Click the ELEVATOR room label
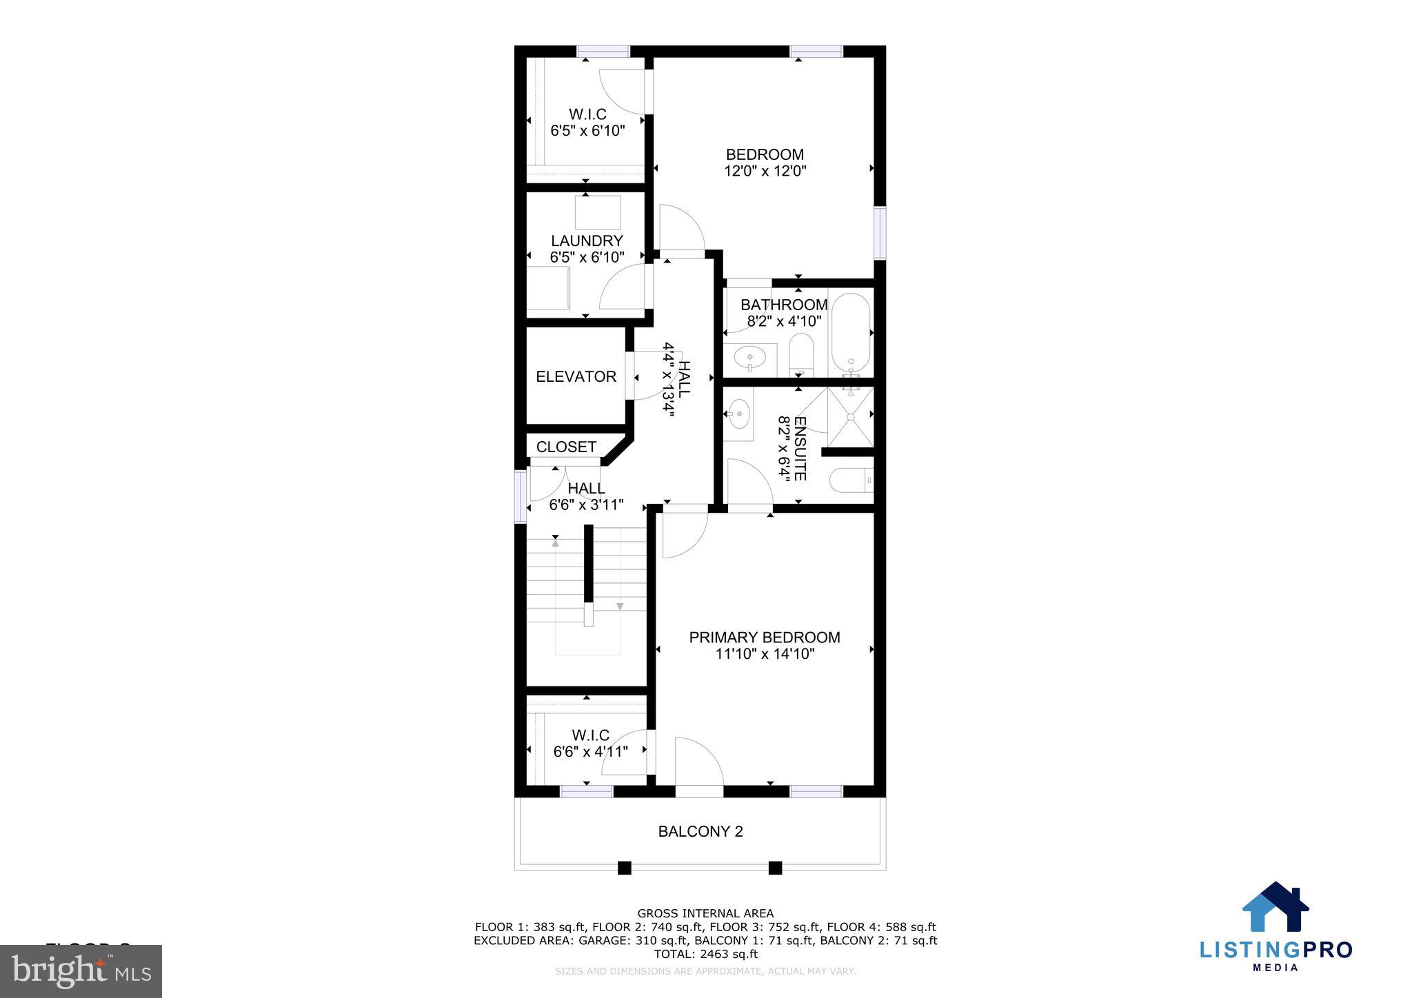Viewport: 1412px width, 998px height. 576,376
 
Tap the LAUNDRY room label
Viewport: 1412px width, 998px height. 587,241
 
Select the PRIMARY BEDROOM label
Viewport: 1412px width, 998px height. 765,638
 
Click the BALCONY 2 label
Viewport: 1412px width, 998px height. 700,831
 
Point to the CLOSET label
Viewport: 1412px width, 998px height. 566,447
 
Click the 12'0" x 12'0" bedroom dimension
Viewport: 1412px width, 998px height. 765,171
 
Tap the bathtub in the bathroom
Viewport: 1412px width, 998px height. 851,334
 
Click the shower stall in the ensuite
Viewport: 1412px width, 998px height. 850,416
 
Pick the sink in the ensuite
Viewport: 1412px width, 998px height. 738,414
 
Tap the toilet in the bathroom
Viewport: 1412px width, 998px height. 801,355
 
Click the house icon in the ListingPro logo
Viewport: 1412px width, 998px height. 1275,908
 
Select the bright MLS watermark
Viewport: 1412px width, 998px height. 81,971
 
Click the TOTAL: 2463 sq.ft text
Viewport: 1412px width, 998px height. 705,954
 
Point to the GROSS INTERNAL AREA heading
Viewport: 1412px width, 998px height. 705,914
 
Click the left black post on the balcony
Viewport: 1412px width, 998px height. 624,868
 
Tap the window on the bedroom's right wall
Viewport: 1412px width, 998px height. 880,233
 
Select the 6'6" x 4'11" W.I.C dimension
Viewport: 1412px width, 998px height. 590,751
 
